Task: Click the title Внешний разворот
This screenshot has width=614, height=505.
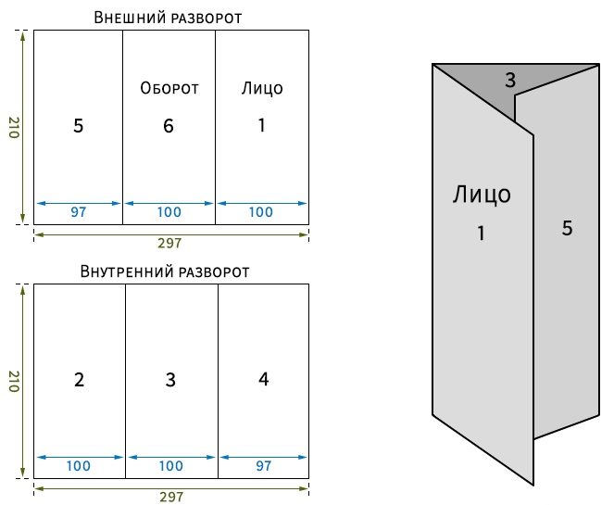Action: click(168, 18)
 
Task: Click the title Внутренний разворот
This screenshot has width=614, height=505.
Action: click(165, 271)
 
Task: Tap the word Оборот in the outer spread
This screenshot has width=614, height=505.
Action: click(169, 88)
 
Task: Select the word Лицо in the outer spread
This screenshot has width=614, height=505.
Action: click(262, 89)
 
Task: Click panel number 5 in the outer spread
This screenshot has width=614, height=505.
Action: click(79, 126)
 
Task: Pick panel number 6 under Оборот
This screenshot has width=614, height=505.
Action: click(169, 126)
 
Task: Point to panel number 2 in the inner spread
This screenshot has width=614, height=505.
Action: click(79, 380)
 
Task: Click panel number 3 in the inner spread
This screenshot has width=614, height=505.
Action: click(170, 380)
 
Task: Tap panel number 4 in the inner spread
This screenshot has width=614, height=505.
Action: click(264, 379)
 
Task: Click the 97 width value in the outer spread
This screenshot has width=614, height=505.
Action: click(79, 212)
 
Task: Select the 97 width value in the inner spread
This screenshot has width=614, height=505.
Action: click(264, 466)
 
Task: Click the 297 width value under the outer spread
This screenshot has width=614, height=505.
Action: click(169, 244)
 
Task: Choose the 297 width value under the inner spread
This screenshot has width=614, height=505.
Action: click(171, 498)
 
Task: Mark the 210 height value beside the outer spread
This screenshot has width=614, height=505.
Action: click(14, 127)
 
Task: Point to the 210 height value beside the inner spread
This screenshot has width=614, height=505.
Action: click(14, 381)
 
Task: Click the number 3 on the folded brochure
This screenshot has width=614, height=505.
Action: click(510, 81)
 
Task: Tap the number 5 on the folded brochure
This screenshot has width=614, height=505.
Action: click(568, 228)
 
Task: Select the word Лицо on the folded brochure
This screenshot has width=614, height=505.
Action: click(482, 195)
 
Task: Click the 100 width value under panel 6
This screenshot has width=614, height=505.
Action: click(169, 212)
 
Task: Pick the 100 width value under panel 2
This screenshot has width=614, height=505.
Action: click(79, 466)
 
